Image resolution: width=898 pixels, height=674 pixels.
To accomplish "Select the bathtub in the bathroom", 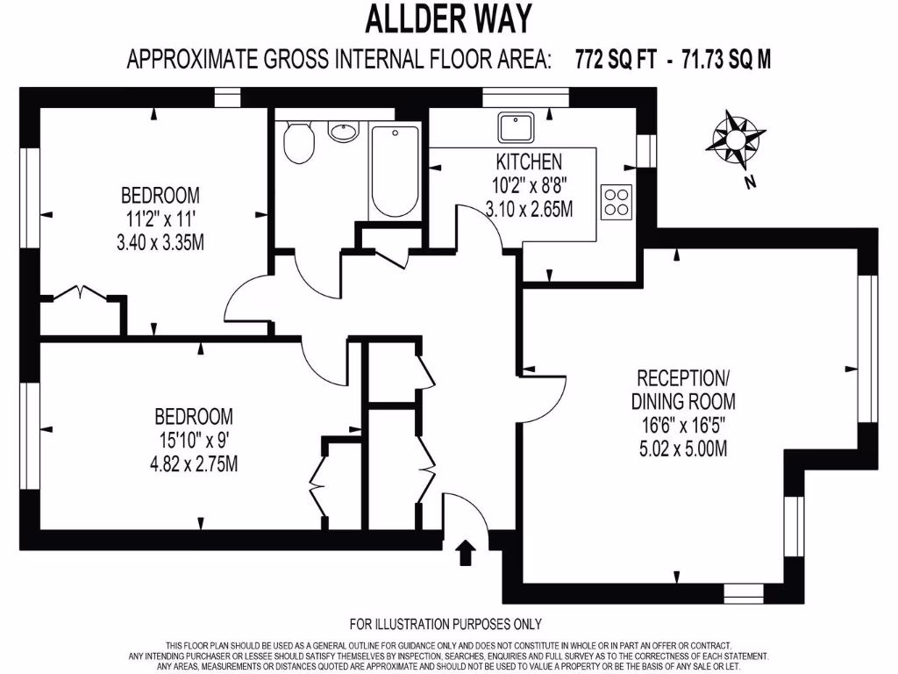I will [395, 172].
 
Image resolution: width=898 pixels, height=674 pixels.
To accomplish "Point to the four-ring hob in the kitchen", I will [616, 202].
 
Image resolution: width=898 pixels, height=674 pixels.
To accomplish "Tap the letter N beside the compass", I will [749, 183].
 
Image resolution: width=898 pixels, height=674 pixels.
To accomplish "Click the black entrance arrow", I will [465, 554].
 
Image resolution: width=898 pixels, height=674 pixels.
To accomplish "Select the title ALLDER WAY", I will [447, 18].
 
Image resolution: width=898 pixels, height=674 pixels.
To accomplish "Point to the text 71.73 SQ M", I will [723, 60].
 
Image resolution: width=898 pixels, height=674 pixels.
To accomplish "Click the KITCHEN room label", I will [529, 161].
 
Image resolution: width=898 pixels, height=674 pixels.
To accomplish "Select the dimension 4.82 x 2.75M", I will [194, 463].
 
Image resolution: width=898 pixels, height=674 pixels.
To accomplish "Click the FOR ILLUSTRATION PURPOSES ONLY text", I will [445, 625].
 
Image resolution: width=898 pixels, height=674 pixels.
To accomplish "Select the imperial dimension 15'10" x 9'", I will [194, 440].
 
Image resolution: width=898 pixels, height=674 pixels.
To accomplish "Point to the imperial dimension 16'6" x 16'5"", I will [684, 427].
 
